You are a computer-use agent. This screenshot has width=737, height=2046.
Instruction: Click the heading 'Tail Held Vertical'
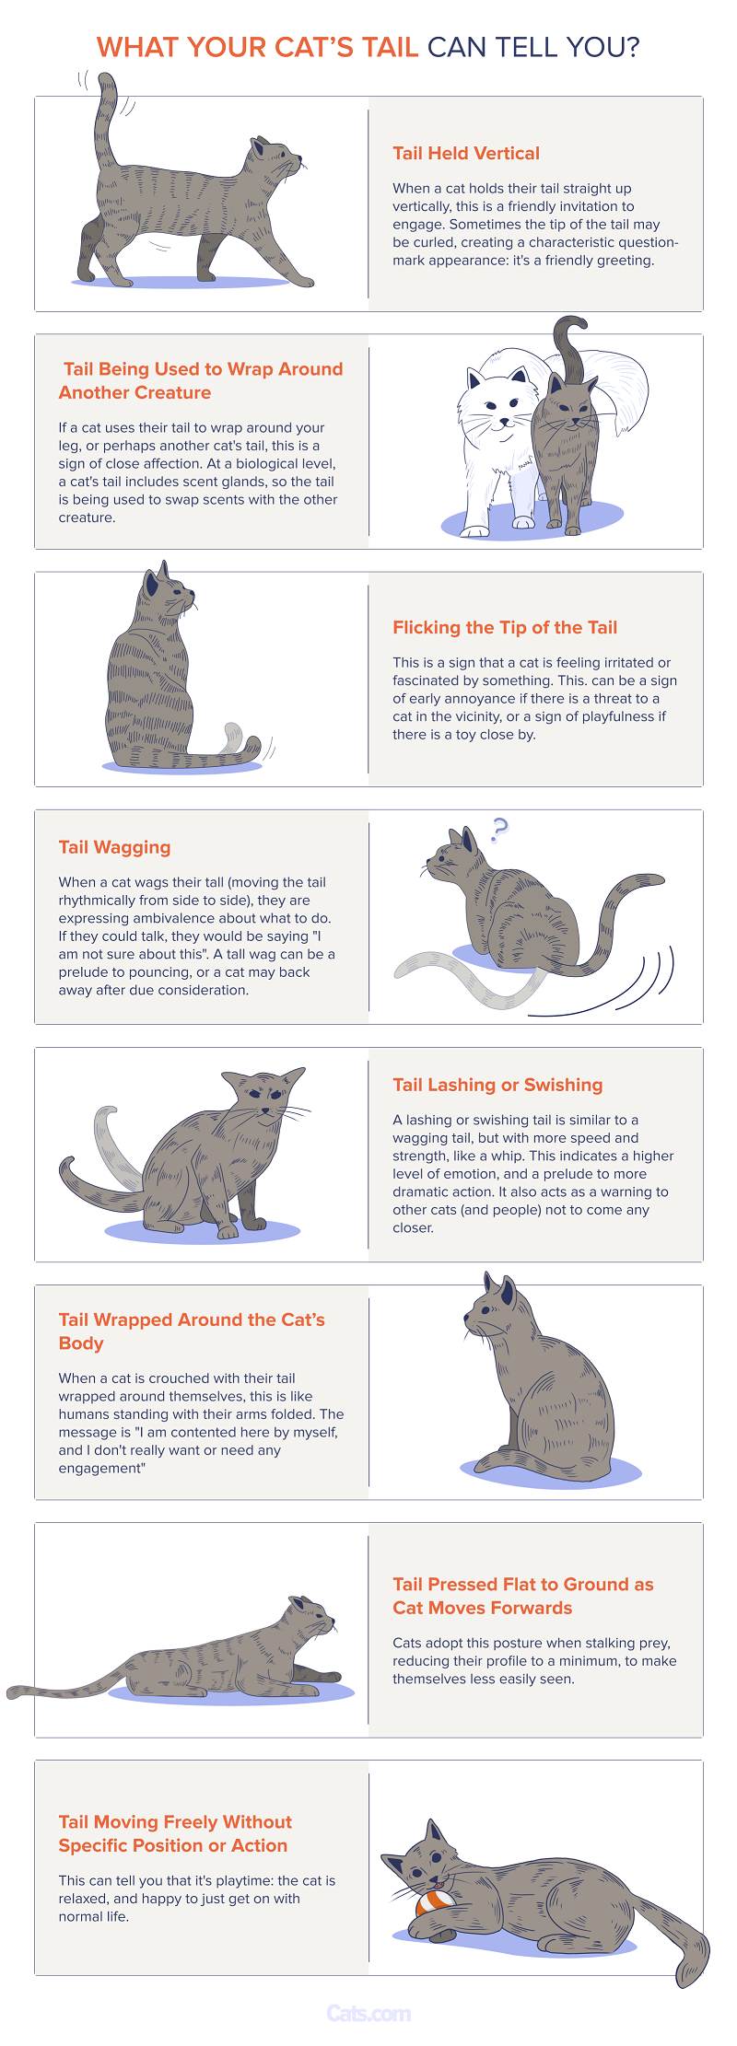click(466, 154)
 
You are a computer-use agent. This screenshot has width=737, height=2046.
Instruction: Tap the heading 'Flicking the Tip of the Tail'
click(505, 628)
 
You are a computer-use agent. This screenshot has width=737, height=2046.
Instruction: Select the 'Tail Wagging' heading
click(114, 848)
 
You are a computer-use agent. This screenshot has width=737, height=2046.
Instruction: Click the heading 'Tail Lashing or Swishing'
click(497, 1085)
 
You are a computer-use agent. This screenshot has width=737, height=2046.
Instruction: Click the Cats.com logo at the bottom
click(368, 2014)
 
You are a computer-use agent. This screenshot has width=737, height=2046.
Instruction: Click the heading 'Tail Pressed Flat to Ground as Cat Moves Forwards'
click(523, 1596)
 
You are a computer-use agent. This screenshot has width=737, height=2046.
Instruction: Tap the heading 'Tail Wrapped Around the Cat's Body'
click(192, 1331)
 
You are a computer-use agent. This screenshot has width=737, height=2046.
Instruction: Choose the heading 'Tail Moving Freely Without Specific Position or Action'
click(175, 1833)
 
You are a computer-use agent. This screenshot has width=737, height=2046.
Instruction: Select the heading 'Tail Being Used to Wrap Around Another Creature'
click(201, 381)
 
